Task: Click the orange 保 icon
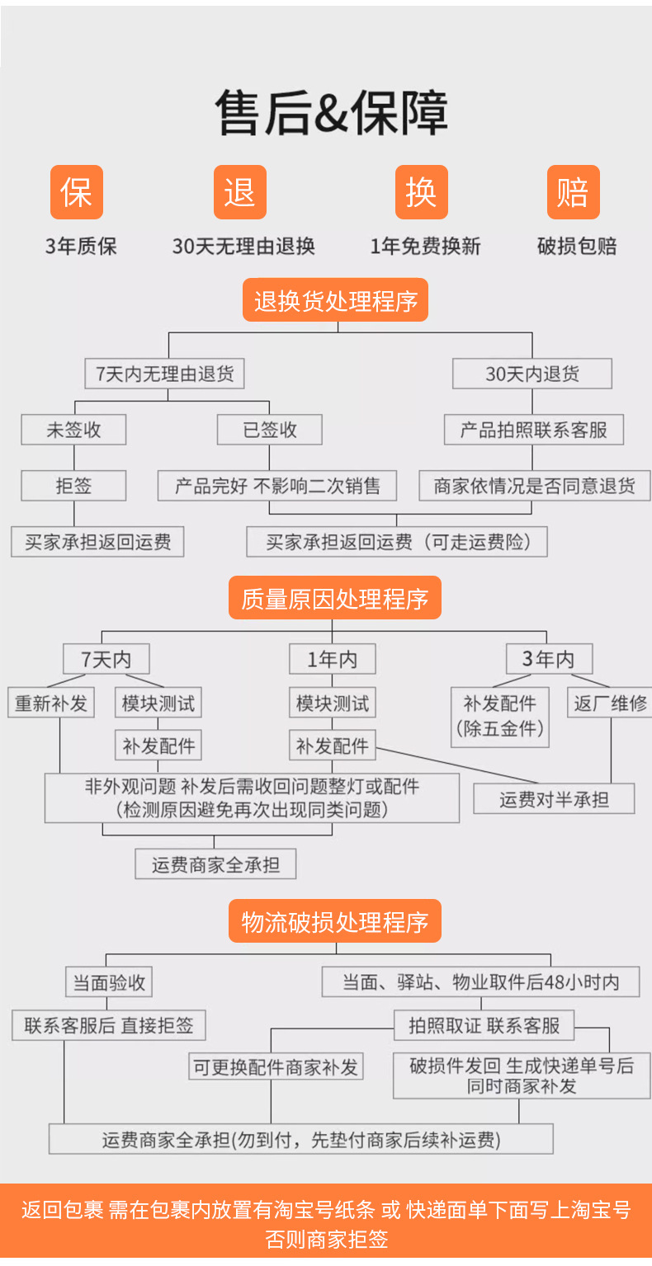(x=77, y=192)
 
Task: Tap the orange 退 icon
(x=240, y=192)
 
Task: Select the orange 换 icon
(x=421, y=192)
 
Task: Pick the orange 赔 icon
(x=573, y=192)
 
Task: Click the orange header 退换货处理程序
(x=335, y=300)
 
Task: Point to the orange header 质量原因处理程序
(x=334, y=598)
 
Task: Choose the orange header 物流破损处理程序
(x=334, y=921)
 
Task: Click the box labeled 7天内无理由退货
(x=165, y=374)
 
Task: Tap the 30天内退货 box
(x=532, y=374)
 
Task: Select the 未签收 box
(x=73, y=430)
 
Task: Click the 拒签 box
(x=73, y=486)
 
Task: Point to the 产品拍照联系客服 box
(x=532, y=430)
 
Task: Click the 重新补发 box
(x=51, y=704)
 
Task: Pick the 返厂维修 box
(x=610, y=704)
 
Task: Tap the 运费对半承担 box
(x=554, y=799)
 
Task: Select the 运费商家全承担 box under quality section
(x=215, y=864)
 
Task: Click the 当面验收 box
(x=110, y=982)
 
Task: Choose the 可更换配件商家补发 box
(x=276, y=1067)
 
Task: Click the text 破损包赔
(x=576, y=246)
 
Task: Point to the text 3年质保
(x=81, y=246)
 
